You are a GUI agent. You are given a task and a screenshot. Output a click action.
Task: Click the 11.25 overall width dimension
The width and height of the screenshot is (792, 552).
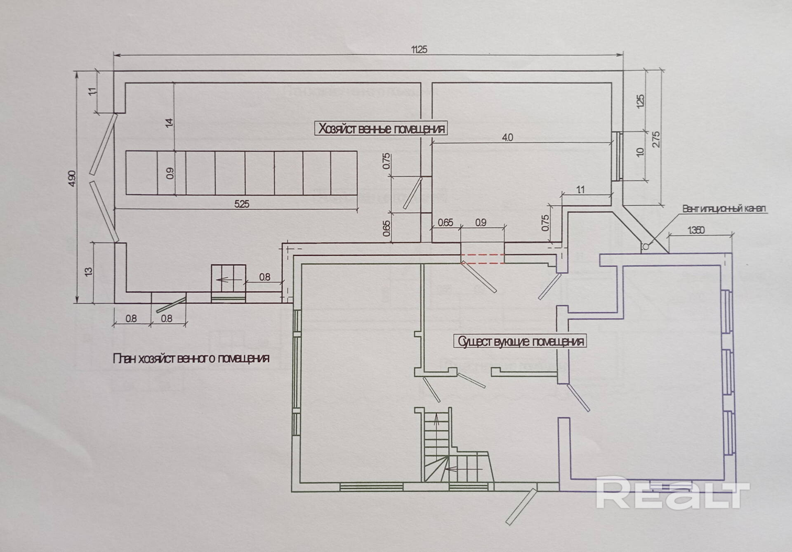tap(419, 49)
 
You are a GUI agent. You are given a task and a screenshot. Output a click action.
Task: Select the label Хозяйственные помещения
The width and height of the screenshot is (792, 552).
tap(381, 129)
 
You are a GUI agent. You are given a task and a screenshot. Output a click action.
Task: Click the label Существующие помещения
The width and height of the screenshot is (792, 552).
tap(521, 342)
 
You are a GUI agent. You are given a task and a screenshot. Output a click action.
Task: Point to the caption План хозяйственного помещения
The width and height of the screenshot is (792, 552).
tap(191, 359)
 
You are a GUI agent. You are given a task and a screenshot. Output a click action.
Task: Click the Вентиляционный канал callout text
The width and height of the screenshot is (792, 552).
tap(724, 208)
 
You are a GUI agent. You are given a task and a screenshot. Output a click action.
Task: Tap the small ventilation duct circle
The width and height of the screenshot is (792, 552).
tap(645, 246)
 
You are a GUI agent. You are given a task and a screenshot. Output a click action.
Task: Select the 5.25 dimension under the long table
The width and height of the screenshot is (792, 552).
tap(242, 204)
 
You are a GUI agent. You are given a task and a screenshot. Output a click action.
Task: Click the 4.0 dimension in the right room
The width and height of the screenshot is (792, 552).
tap(508, 137)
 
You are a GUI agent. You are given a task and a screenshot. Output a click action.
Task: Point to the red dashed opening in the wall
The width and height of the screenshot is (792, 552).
tap(482, 259)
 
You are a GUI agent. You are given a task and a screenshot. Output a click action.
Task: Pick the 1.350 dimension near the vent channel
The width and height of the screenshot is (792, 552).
tap(696, 230)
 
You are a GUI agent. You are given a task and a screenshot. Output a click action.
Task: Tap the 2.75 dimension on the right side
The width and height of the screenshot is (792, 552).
tap(656, 139)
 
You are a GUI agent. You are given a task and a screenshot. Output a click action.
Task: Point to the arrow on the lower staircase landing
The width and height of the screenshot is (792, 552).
tap(454, 469)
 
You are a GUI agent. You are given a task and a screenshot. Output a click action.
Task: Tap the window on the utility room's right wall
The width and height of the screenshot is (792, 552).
tap(616, 156)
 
